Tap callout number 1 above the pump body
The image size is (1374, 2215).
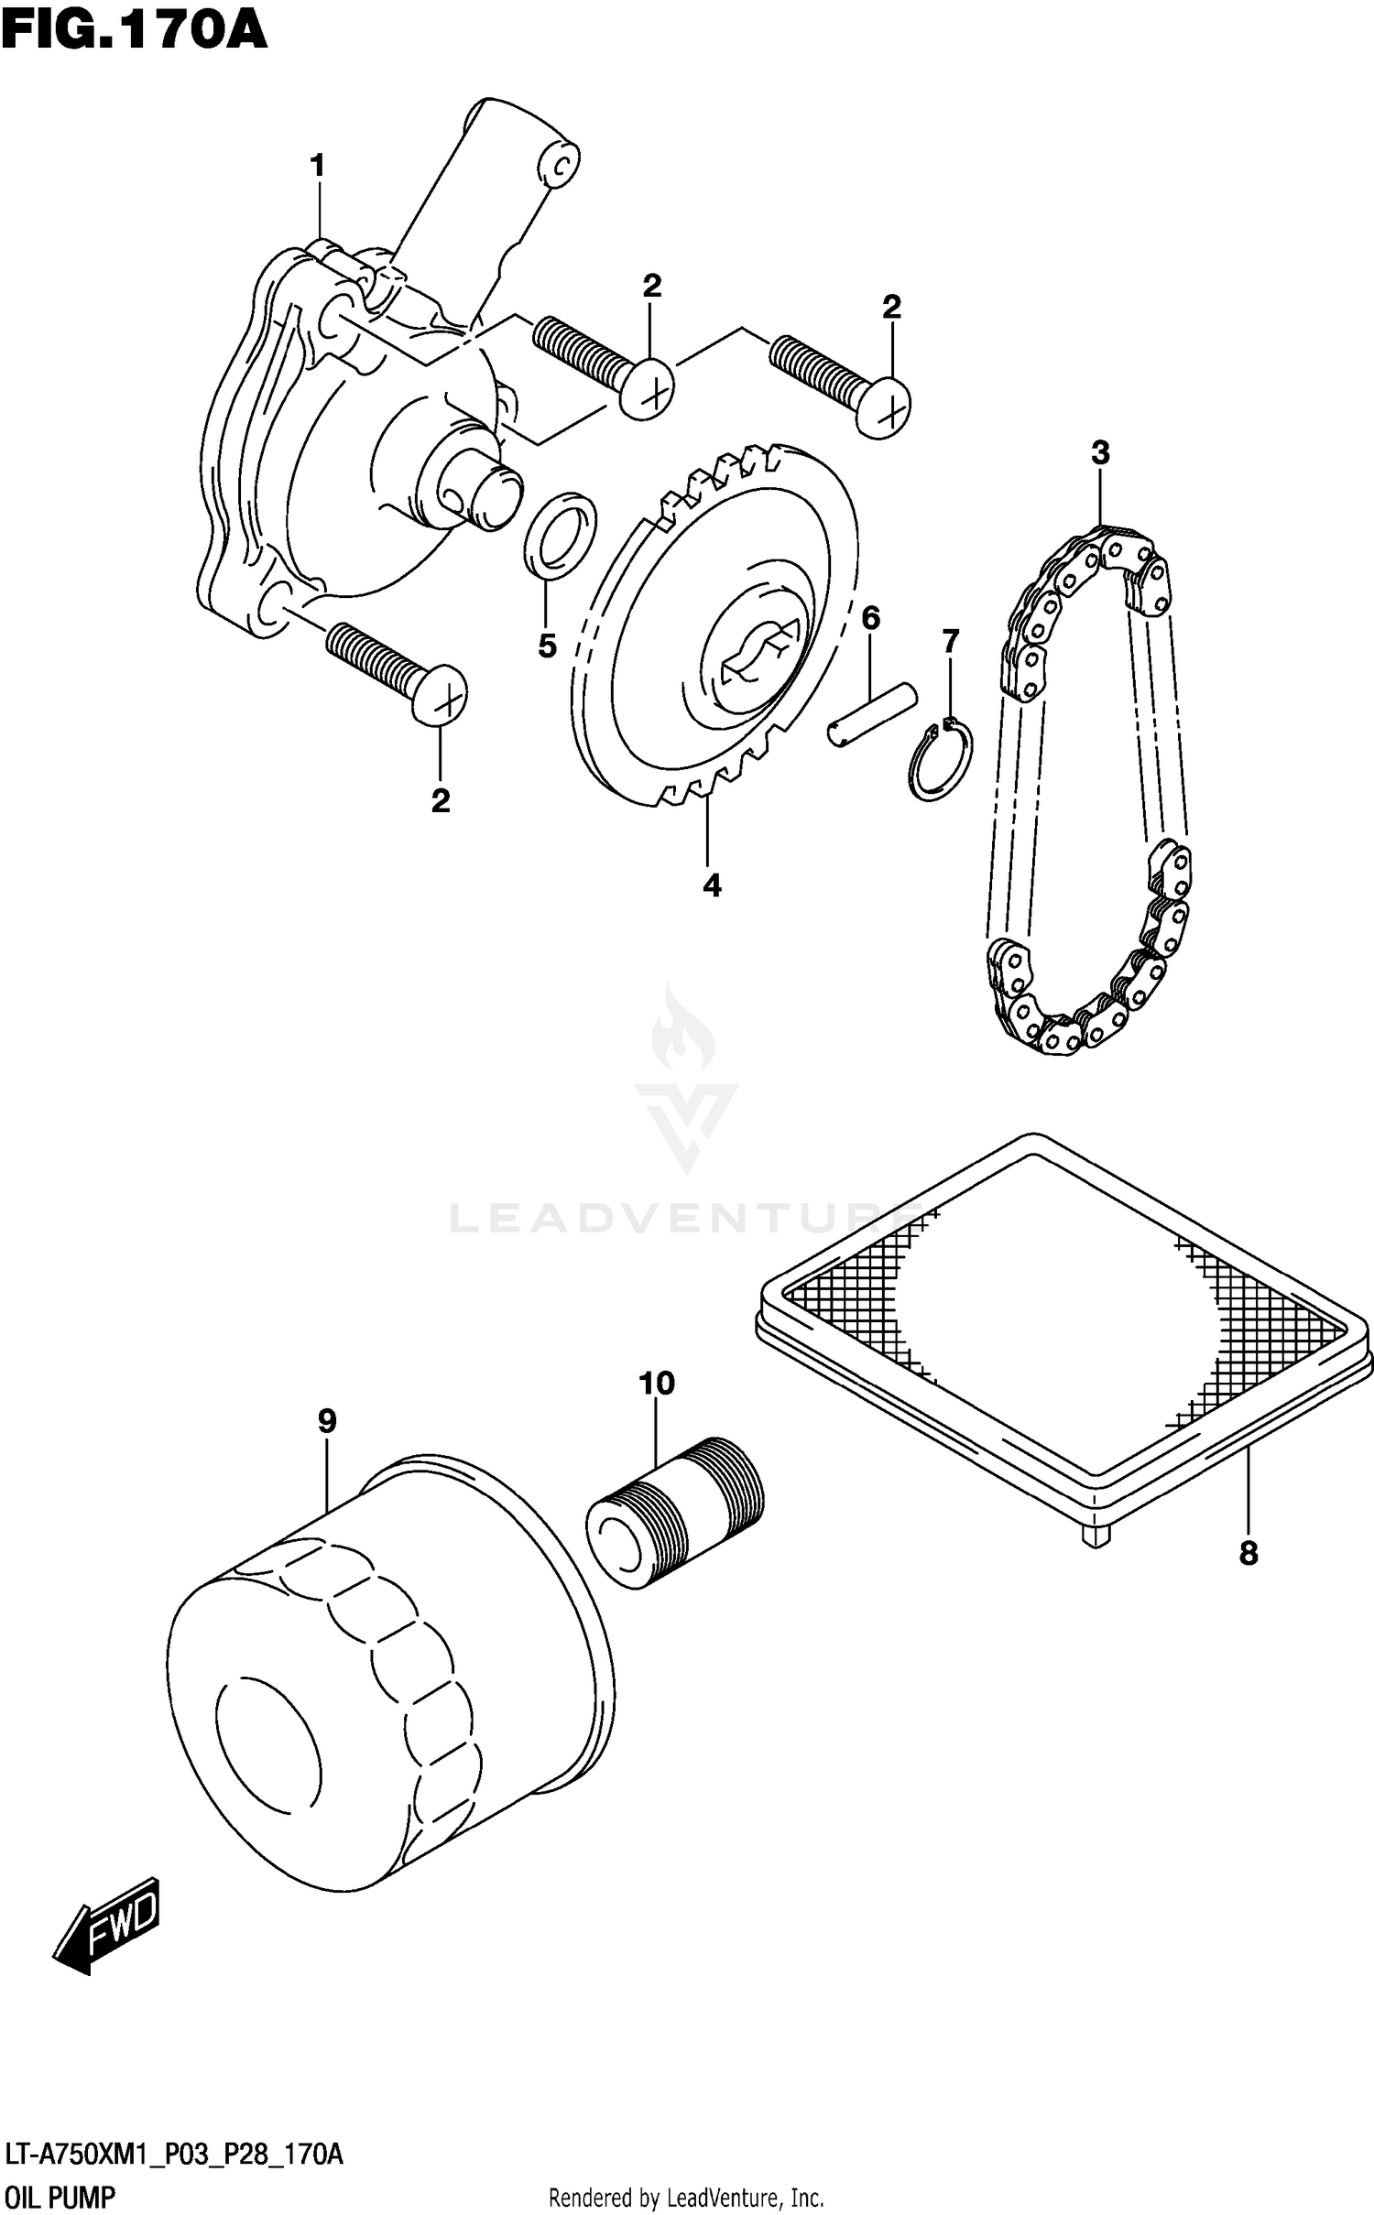click(317, 167)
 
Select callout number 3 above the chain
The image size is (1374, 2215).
click(1100, 452)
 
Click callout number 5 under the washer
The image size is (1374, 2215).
click(547, 646)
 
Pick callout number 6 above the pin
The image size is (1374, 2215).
click(870, 619)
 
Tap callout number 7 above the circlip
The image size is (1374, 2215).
click(951, 641)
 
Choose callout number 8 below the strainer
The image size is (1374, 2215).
click(1249, 1553)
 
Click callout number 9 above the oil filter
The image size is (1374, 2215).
click(327, 1421)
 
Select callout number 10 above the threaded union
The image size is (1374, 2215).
click(657, 1383)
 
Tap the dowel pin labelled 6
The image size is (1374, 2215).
click(872, 713)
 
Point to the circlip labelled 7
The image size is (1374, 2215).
click(941, 760)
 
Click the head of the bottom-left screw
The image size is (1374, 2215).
click(440, 695)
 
